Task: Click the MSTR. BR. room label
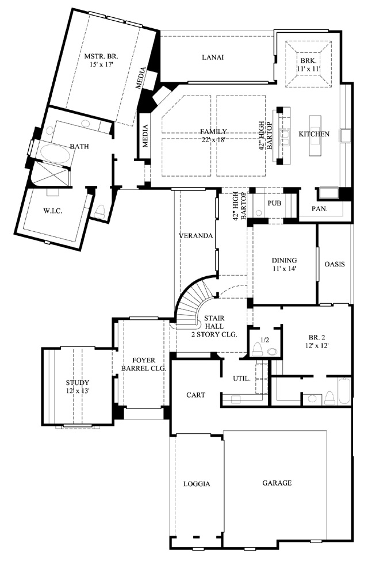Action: pos(101,56)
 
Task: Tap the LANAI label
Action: pos(213,57)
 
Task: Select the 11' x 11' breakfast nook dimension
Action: pos(308,68)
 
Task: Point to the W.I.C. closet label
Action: pos(53,211)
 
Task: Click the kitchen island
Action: pos(315,135)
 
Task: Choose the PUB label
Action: pos(274,203)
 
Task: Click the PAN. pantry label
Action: pos(320,209)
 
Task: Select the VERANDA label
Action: pos(195,236)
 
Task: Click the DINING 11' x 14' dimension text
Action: pos(285,268)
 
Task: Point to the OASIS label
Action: pos(335,265)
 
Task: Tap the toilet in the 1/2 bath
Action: pos(257,349)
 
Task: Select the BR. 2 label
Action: pos(316,337)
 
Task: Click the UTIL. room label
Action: pos(241,379)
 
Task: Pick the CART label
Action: pos(196,395)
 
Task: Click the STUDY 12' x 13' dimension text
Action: pos(78,391)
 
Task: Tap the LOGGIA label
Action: pos(197,484)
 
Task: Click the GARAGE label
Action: pos(277,483)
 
